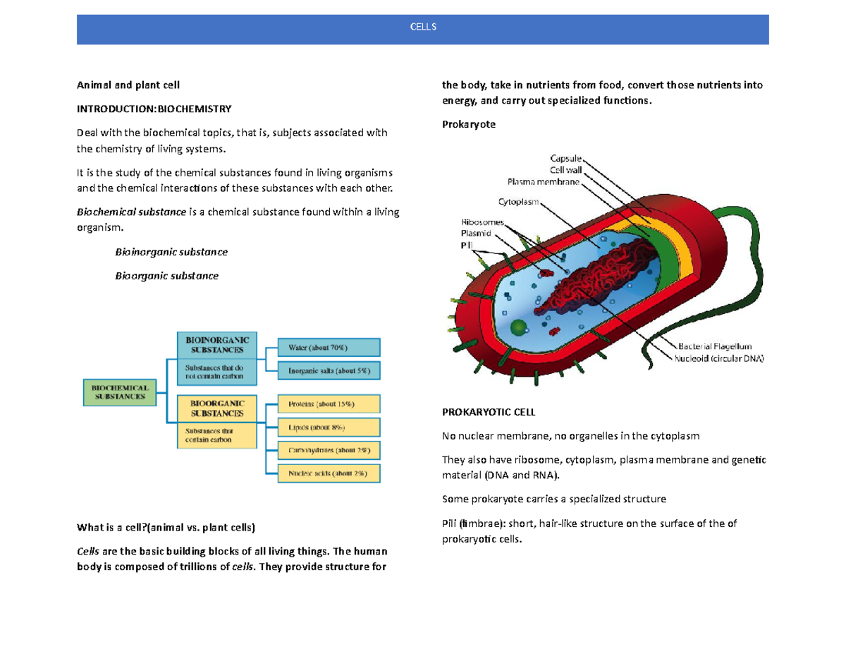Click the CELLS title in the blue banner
(x=423, y=27)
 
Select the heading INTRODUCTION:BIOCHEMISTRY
(x=153, y=109)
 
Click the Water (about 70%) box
(x=329, y=347)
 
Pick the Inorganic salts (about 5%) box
(x=329, y=370)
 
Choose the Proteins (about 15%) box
(x=329, y=404)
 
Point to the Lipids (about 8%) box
(x=329, y=427)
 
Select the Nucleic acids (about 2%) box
(x=329, y=473)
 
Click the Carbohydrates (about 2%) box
(x=329, y=450)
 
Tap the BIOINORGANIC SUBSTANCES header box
(x=216, y=344)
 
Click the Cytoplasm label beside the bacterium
(x=518, y=202)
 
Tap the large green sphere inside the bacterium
(x=520, y=327)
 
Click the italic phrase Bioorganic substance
(x=166, y=276)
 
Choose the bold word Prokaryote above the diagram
(x=469, y=124)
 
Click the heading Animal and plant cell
(x=128, y=85)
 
